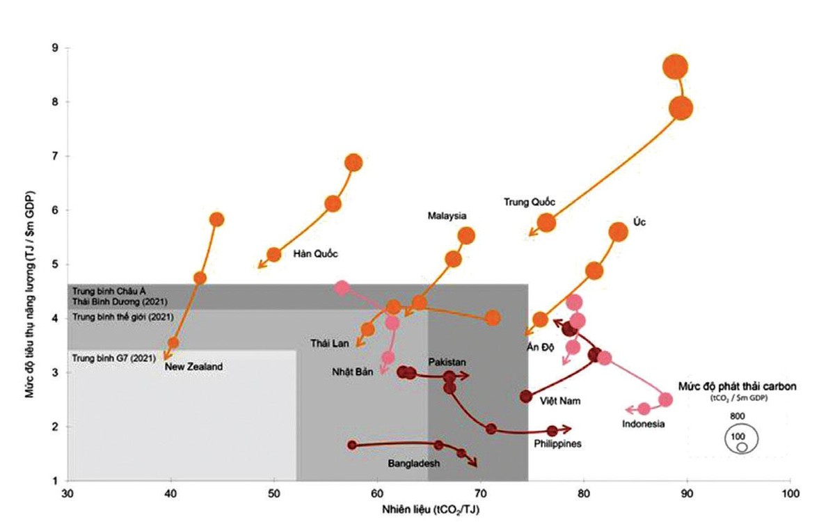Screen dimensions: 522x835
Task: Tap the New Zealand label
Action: tap(193, 367)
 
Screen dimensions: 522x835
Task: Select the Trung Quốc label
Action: tap(530, 202)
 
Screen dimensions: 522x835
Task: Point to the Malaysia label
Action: tap(447, 216)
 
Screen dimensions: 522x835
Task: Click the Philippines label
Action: tap(557, 443)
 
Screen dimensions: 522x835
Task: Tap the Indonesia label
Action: tap(644, 424)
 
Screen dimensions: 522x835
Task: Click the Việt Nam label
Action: tap(560, 401)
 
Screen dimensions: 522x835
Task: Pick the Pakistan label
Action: tap(447, 362)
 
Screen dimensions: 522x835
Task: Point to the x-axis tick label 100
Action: tap(790, 493)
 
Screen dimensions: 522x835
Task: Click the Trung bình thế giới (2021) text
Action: tap(122, 317)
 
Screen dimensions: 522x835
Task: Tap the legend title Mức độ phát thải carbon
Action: tap(738, 386)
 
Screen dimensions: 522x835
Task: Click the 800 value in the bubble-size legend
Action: tap(738, 416)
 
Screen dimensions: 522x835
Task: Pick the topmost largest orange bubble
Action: tap(675, 68)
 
